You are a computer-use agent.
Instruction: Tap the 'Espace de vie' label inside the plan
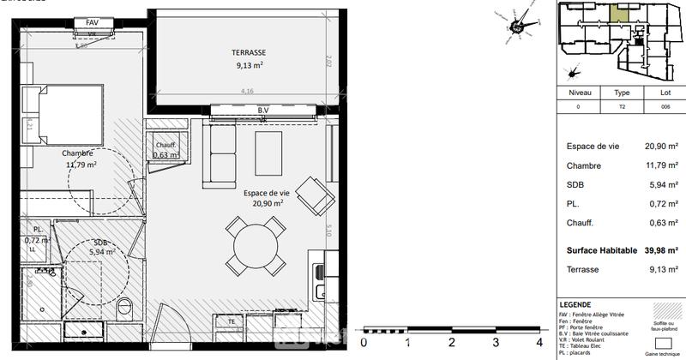tap(268, 194)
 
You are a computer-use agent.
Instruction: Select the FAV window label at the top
tap(92, 21)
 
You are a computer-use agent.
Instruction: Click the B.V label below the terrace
tap(263, 111)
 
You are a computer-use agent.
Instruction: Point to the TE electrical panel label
tap(232, 321)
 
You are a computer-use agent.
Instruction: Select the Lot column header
tap(665, 92)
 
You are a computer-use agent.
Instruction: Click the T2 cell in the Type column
tap(622, 107)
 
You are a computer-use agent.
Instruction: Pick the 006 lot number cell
tap(665, 107)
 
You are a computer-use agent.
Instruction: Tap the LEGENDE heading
tap(575, 304)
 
